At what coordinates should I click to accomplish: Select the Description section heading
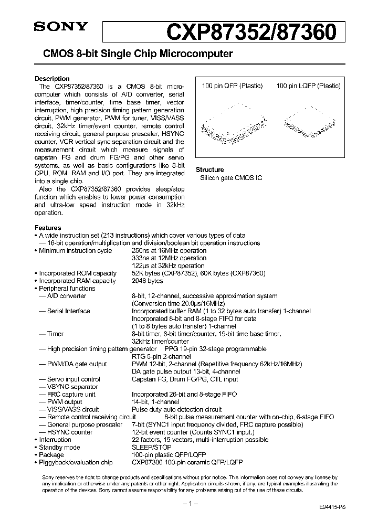pos(52,79)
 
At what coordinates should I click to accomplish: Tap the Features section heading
pos(48,228)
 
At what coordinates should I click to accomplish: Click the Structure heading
pos(210,169)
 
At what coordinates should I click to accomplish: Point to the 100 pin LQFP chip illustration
pos(309,124)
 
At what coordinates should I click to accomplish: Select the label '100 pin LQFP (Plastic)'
pos(309,86)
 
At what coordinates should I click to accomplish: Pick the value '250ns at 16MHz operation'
pos(169,251)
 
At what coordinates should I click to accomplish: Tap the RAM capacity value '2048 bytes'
pos(147,281)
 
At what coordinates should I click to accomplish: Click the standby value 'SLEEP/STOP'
pos(148,447)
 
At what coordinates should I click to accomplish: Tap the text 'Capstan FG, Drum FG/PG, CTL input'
pos(184,379)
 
